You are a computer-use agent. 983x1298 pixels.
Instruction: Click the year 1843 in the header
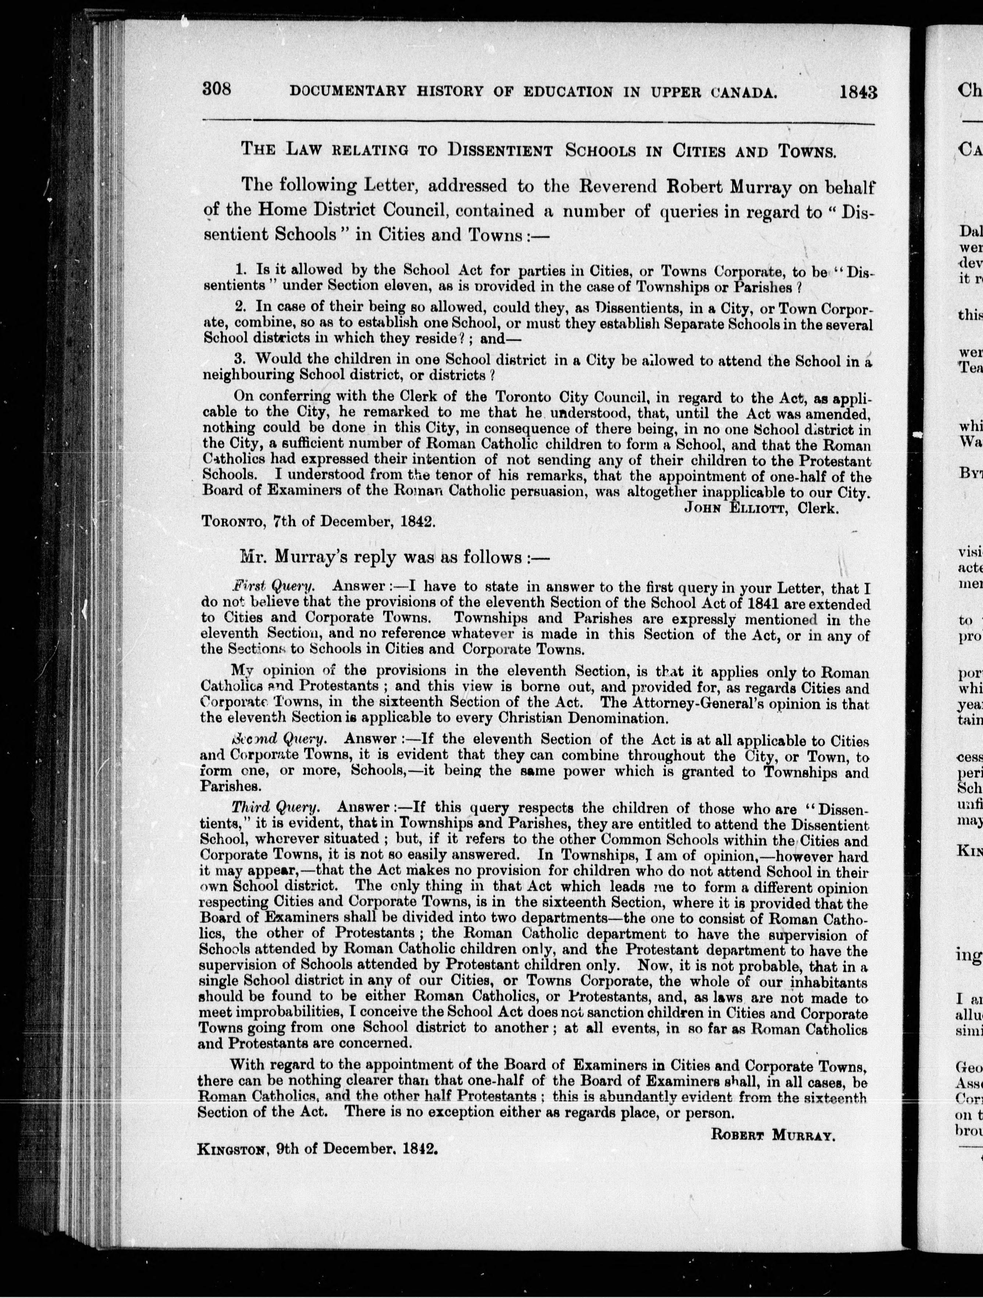(x=858, y=92)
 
